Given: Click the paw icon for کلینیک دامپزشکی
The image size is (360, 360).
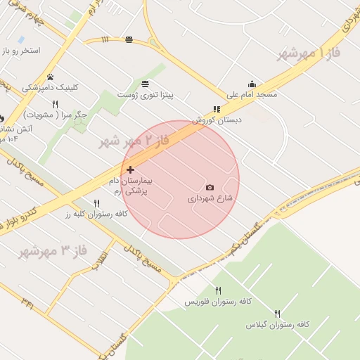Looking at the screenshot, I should [50, 77].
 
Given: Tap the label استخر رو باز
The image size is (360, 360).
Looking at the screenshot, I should [20, 51].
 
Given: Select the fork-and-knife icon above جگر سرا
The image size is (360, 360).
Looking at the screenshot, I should [55, 104].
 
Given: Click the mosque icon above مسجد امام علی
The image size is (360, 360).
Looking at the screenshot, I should [252, 84].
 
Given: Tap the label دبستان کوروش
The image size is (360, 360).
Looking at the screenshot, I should [217, 120].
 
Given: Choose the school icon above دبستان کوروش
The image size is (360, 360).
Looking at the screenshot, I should [217, 109].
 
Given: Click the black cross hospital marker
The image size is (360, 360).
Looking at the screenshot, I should [130, 169].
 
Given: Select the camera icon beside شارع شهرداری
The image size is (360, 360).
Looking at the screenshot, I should [210, 187].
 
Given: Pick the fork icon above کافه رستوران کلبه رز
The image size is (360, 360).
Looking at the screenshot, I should [96, 203].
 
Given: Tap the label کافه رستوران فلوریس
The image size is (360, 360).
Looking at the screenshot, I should [213, 302].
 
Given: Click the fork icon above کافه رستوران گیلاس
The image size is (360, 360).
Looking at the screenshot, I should [277, 314].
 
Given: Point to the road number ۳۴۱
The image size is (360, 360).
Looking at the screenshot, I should [27, 303].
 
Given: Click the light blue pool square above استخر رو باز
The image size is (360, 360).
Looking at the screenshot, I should [21, 39].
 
